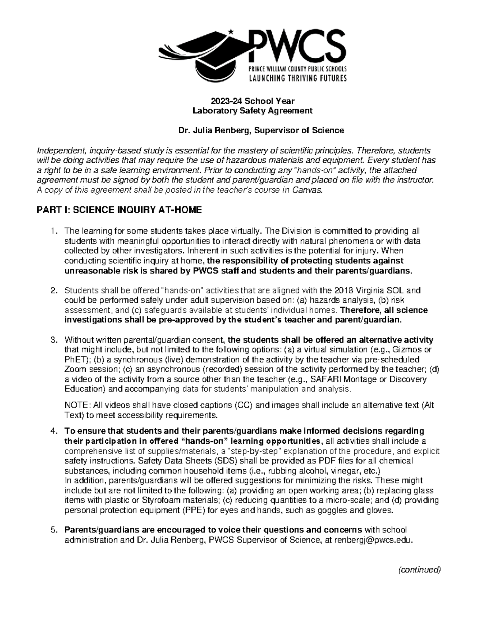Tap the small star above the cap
tap(231, 31)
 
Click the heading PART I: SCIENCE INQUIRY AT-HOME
tap(119, 210)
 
